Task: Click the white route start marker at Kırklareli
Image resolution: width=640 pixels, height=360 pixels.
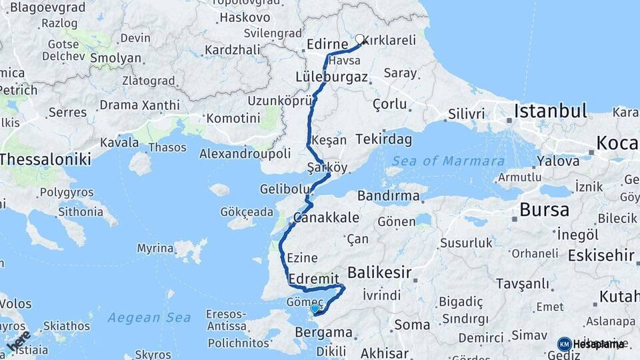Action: point(360,39)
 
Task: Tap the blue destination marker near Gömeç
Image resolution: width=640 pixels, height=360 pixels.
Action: point(315,309)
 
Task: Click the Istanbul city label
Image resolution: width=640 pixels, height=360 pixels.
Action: point(550,110)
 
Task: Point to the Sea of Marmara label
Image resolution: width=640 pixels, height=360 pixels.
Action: point(448,161)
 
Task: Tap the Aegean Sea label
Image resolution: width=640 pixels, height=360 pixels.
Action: point(149,317)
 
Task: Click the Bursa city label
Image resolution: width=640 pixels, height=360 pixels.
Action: point(544,210)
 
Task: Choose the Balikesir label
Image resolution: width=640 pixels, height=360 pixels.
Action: point(379,272)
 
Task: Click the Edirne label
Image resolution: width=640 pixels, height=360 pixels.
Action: point(328,45)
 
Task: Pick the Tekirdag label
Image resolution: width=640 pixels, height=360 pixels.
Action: point(383,139)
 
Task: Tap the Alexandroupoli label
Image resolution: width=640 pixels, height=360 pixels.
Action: point(245,154)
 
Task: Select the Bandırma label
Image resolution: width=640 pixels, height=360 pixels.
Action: point(388,196)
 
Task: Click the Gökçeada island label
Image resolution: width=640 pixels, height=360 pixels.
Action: point(247,212)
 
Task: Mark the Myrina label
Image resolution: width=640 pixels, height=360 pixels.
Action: point(155,248)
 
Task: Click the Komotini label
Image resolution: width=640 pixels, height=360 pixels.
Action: point(233,118)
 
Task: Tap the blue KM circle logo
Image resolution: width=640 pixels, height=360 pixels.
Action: point(564,344)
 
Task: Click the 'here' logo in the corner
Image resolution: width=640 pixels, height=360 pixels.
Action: point(18,341)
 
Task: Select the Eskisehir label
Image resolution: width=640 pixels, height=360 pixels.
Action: point(601,255)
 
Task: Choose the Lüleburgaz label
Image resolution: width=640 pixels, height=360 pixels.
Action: point(331,77)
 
